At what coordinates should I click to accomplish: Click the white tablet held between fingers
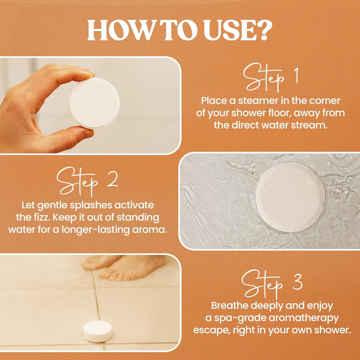[94, 103]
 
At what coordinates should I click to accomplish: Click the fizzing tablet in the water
[290, 197]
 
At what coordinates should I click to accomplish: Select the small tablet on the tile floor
[97, 331]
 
